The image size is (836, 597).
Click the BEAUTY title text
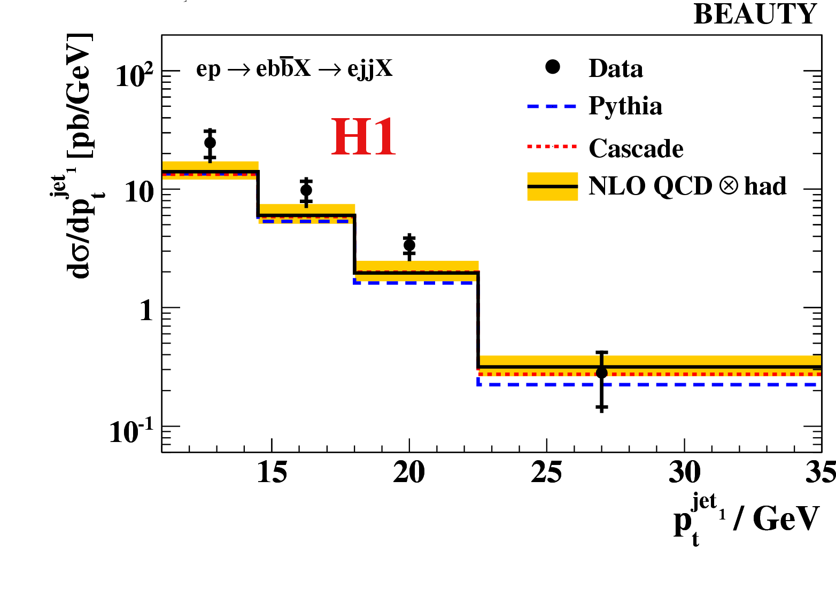[755, 14]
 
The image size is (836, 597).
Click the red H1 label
[363, 137]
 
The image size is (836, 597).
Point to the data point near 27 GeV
[602, 373]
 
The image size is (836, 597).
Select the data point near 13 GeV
[210, 143]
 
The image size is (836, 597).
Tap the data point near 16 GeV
[306, 190]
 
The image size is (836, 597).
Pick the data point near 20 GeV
[409, 245]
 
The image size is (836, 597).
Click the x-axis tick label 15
[272, 473]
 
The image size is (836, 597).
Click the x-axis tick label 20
[409, 473]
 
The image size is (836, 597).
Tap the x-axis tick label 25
[546, 473]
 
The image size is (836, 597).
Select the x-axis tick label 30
[684, 473]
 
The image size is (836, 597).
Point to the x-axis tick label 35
[820, 473]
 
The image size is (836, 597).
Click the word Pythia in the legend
[625, 106]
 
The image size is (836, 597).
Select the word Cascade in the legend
[636, 149]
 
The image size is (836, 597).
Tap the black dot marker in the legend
[553, 67]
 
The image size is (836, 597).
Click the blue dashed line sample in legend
[552, 106]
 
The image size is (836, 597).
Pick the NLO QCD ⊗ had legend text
[687, 187]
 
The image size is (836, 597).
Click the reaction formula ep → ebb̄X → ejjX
[295, 69]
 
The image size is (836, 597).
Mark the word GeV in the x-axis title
[786, 518]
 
